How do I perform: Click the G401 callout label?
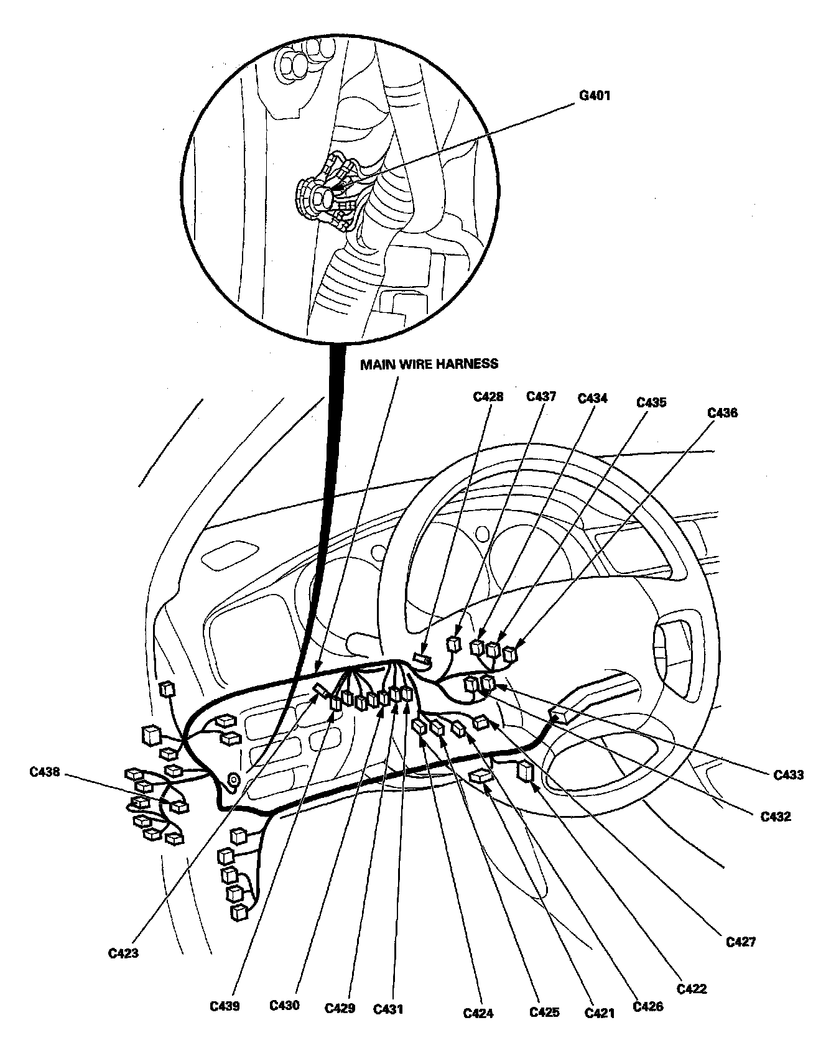point(593,96)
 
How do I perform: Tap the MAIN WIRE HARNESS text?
point(429,364)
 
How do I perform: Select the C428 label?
point(488,396)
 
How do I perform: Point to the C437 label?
point(541,396)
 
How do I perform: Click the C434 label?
point(592,398)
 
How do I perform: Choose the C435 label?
point(651,402)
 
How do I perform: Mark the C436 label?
point(723,412)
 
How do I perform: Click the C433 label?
point(789,775)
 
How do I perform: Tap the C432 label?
point(776,817)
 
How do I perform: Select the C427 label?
point(741,942)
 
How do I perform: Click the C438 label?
point(45,772)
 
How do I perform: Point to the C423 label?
point(123,953)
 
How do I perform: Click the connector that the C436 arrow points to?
point(510,654)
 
